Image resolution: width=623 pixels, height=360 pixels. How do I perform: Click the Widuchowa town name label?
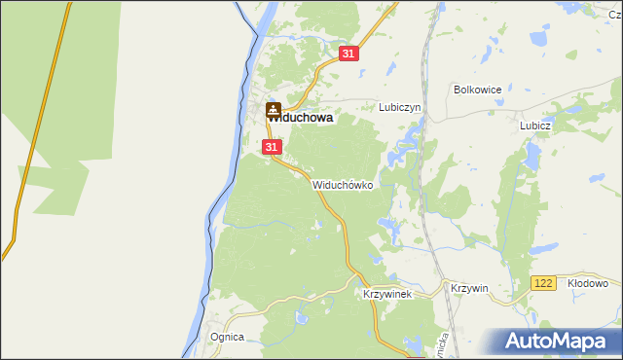pyautogui.click(x=301, y=118)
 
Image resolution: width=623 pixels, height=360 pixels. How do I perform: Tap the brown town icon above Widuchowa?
pyautogui.click(x=274, y=109)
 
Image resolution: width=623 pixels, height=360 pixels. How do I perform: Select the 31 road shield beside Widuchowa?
pyautogui.click(x=272, y=147)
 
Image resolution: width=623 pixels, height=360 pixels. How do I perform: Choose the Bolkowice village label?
pyautogui.click(x=477, y=90)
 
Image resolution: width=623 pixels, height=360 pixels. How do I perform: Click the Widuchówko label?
pyautogui.click(x=343, y=185)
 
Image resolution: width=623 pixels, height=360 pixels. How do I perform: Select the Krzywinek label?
pyautogui.click(x=387, y=293)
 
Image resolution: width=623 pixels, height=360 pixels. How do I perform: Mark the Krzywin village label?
pyautogui.click(x=469, y=288)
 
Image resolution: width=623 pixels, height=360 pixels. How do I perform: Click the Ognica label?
pyautogui.click(x=227, y=337)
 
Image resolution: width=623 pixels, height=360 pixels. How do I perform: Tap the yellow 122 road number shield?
pyautogui.click(x=543, y=283)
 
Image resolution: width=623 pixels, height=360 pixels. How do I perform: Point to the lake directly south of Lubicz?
pyautogui.click(x=532, y=156)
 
